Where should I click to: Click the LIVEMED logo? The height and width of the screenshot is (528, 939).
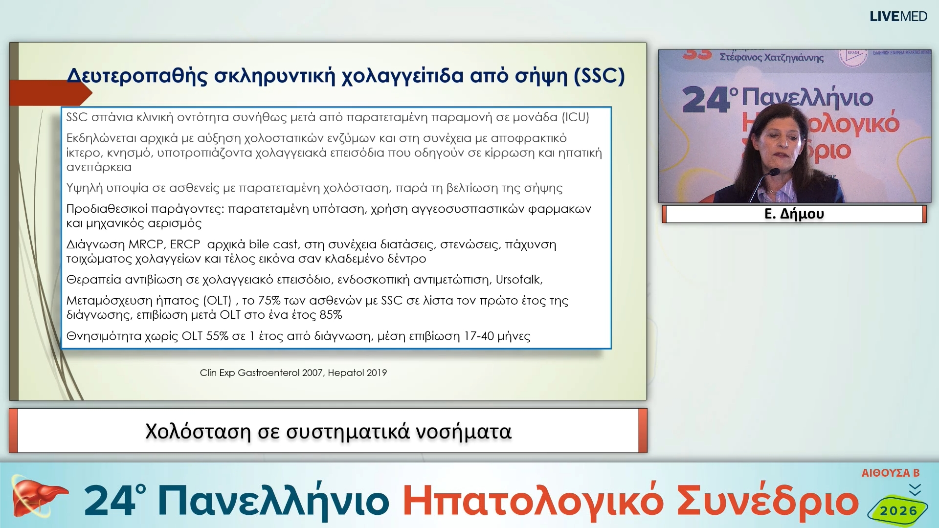(898, 17)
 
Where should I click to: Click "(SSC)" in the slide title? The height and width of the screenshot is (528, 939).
(599, 76)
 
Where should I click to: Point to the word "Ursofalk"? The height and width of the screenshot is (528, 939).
(518, 280)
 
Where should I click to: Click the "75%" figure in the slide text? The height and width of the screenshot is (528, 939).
(269, 301)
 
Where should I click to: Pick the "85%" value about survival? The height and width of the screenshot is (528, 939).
(331, 315)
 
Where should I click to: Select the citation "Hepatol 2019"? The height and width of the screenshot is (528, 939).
(357, 373)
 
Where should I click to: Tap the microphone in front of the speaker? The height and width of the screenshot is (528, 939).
(773, 173)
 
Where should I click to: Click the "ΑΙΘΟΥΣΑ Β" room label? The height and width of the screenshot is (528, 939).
(890, 473)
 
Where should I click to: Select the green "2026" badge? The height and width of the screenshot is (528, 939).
(898, 511)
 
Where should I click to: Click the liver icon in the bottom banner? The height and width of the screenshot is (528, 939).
(37, 498)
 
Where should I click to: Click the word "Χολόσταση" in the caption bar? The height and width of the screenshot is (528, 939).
(198, 432)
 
